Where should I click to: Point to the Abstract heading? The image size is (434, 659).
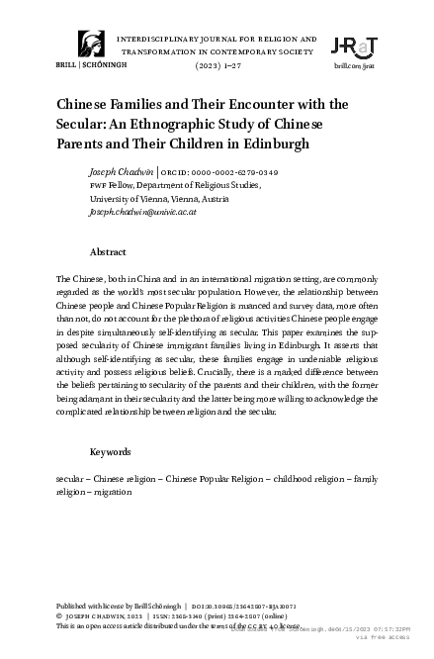(108, 251)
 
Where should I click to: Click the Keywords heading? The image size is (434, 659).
(111, 451)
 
